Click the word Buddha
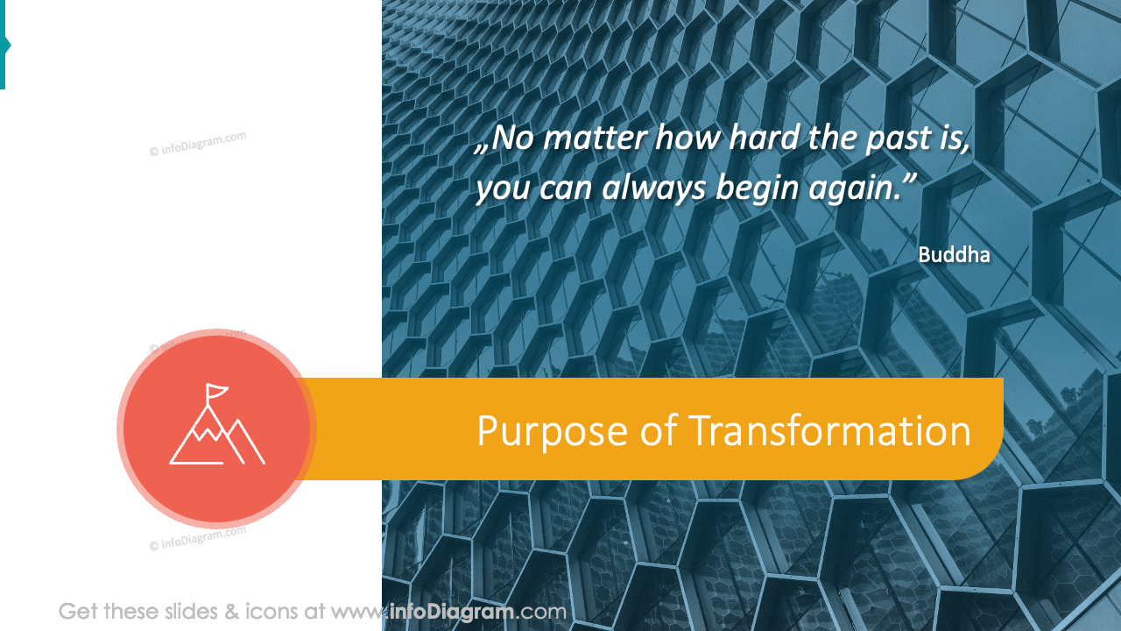[x=954, y=255]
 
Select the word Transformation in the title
[x=829, y=432]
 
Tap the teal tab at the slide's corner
[x=4, y=45]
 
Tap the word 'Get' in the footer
[x=78, y=611]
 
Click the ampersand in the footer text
[x=231, y=611]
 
